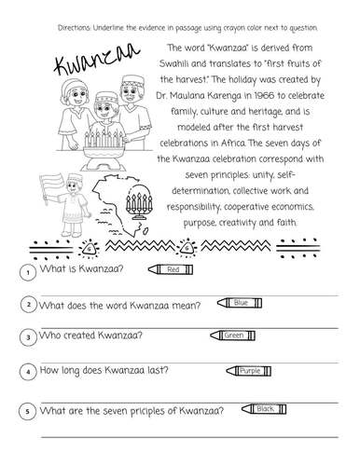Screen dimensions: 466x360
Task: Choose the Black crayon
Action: [x=264, y=408]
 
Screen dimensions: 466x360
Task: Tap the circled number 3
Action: [x=30, y=336]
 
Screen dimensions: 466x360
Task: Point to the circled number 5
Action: [x=30, y=411]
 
